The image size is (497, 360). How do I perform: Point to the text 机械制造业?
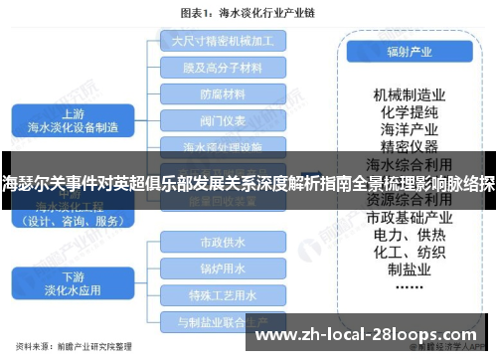click(408, 93)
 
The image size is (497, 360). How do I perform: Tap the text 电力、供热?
click(408, 235)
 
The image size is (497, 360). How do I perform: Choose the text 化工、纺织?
click(408, 253)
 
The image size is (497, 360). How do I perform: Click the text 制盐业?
click(408, 270)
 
